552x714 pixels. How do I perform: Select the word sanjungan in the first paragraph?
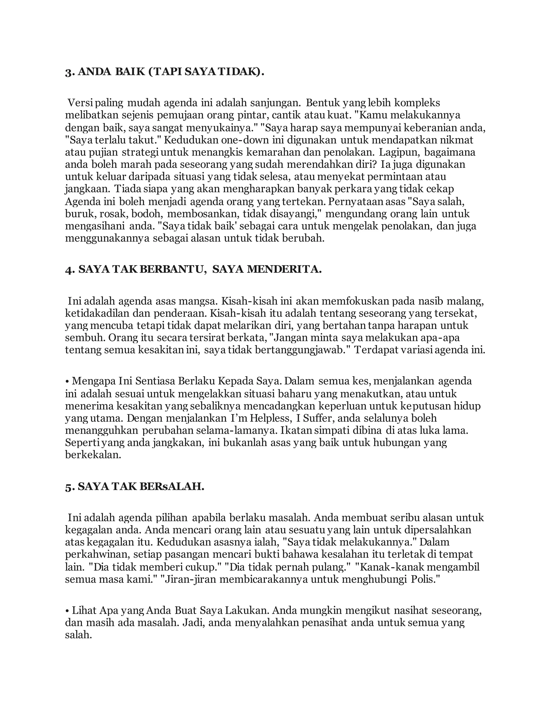tap(275, 103)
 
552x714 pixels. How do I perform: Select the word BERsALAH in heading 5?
tap(172, 487)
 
